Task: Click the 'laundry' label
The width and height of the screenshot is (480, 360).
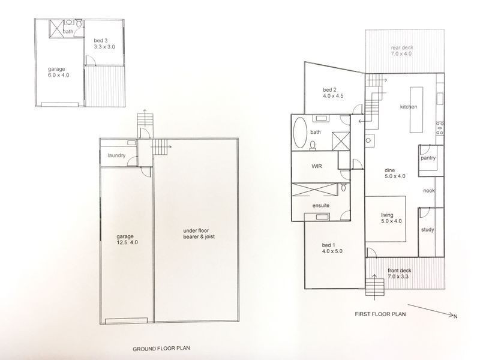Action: tap(116, 156)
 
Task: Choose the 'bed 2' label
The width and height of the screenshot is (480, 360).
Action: tap(328, 90)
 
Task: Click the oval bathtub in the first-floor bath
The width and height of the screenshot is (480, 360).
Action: tap(299, 133)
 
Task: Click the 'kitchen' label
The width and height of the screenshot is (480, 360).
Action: tap(409, 107)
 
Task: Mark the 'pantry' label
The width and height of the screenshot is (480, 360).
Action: tap(428, 159)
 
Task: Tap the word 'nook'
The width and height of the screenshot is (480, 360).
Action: tap(428, 191)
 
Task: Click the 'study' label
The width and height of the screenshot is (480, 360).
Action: tap(427, 229)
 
